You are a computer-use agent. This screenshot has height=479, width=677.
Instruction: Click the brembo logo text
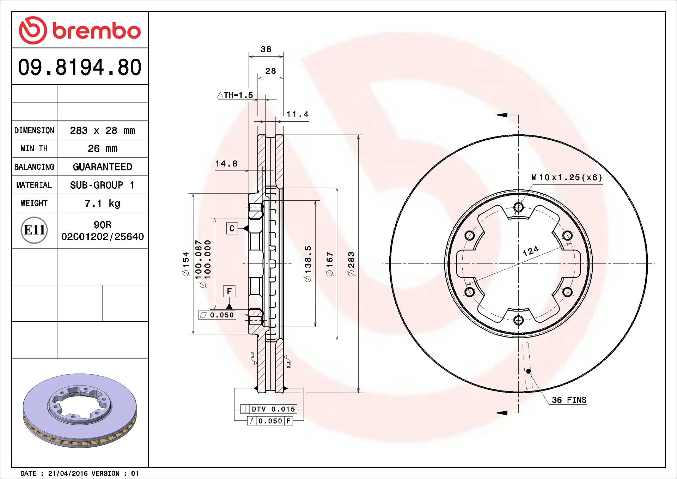click(x=96, y=31)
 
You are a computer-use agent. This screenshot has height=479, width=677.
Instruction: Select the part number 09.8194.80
click(x=80, y=67)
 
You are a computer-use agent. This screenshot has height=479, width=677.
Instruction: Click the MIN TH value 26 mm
click(x=102, y=148)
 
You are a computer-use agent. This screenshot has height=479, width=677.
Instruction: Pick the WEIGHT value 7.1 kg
click(x=102, y=204)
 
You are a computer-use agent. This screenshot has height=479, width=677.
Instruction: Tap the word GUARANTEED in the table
click(x=102, y=167)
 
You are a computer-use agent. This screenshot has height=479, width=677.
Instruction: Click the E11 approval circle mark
click(x=34, y=230)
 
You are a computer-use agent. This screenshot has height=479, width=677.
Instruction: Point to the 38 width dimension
click(x=266, y=49)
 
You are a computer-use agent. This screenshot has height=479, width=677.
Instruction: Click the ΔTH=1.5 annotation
click(x=235, y=95)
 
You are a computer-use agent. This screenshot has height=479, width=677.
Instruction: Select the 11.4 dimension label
click(x=297, y=114)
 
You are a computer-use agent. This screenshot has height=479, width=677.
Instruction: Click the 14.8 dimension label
click(x=226, y=164)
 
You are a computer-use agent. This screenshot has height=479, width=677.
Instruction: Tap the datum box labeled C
click(x=232, y=228)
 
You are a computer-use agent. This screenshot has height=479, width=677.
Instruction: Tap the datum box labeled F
click(x=229, y=291)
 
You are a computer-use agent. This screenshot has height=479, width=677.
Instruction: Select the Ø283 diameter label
click(x=351, y=263)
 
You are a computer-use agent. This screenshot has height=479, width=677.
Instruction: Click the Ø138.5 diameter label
click(x=308, y=263)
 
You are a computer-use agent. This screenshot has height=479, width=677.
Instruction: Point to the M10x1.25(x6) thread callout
click(x=567, y=177)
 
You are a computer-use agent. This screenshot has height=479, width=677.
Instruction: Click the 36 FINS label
click(x=569, y=400)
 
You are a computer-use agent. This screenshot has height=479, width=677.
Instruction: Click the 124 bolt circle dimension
click(x=530, y=251)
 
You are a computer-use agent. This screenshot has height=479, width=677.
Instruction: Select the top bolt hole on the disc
click(x=518, y=207)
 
